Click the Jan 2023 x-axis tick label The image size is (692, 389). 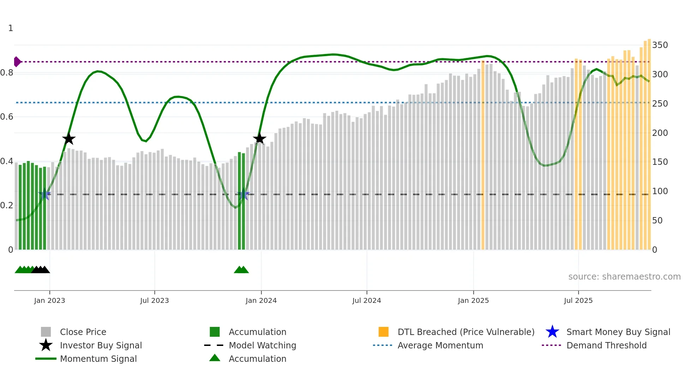pos(49,300)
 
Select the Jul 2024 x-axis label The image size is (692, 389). pos(366,300)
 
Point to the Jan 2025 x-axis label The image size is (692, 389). pos(473,300)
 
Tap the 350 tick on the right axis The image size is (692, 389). pos(660,45)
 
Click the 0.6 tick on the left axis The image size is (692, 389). pos(7,117)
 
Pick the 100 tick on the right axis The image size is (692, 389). pos(660,191)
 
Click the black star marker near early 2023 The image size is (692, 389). pos(69,139)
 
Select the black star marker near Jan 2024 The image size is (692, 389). pos(259,138)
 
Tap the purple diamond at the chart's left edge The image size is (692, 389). pos(17,62)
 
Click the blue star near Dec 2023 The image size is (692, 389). pos(243,194)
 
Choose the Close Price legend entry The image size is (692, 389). pos(83,332)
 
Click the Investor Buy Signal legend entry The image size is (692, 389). pos(101,345)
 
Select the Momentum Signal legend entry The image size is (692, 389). pos(98,359)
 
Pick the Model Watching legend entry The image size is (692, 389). pos(262,345)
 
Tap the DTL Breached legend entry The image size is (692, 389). pos(466,332)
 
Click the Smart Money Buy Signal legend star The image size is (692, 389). pos(552,332)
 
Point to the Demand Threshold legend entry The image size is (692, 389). pos(606,345)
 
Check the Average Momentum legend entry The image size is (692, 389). pos(440,345)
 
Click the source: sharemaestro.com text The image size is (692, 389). pos(624,277)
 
